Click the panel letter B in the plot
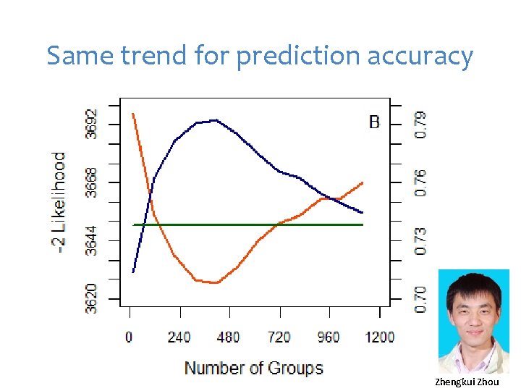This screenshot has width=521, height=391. click(x=374, y=122)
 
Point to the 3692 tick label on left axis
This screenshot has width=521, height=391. click(x=91, y=124)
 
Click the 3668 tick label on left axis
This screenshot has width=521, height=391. click(x=91, y=182)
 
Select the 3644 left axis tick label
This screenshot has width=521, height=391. click(x=91, y=240)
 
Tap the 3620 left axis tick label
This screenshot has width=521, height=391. click(x=91, y=298)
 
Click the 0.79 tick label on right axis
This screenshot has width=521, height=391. click(x=420, y=124)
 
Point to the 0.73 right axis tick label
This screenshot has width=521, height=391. click(x=420, y=240)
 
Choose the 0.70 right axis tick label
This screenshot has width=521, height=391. click(x=420, y=299)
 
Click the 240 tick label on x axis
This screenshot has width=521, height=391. click(x=179, y=337)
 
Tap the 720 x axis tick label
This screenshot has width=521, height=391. click(x=279, y=337)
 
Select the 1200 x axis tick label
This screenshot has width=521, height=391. click(x=379, y=337)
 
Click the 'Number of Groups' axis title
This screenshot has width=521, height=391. click(x=253, y=368)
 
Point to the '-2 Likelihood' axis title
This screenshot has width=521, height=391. click(x=59, y=202)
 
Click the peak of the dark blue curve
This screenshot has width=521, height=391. click(x=214, y=120)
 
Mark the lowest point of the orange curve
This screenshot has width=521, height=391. click(x=214, y=282)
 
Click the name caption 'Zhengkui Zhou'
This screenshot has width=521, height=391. click(x=467, y=382)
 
